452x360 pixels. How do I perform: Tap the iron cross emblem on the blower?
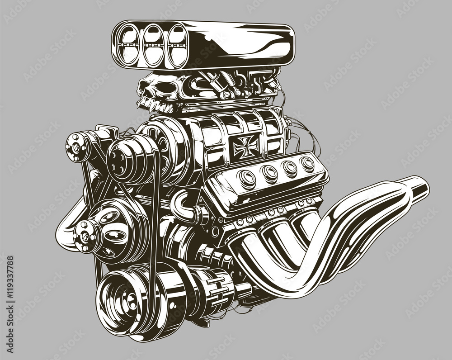coord(246,144)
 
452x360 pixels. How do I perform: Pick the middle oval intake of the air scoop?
coord(152,45)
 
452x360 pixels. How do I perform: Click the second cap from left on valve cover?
coord(270,172)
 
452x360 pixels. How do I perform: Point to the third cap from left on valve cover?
coord(290,167)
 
